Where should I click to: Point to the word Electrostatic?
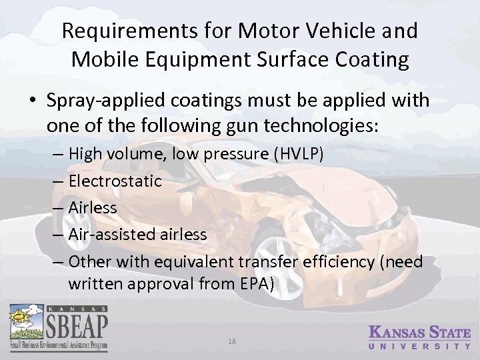(x=115, y=181)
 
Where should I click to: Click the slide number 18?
(x=231, y=341)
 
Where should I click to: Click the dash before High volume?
(x=58, y=155)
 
